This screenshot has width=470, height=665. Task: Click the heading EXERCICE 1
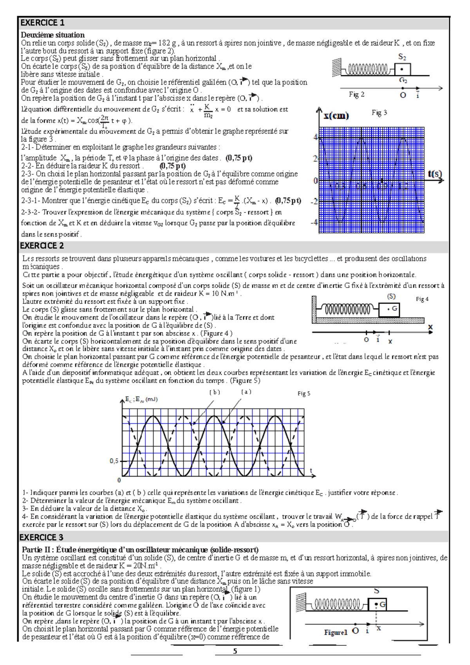point(42,23)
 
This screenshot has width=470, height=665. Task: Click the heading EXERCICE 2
point(42,246)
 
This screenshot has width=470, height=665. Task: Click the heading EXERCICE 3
point(42,537)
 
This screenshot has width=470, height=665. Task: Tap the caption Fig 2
point(356,94)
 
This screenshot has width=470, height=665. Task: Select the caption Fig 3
point(379,113)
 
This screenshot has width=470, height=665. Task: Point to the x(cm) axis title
point(336,116)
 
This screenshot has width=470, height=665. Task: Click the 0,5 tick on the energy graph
point(114,461)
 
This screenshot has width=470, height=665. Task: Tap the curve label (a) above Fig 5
point(246,392)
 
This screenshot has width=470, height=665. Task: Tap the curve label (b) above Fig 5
point(215,392)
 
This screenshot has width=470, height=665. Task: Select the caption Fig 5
point(304,394)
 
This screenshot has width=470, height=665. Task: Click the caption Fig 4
point(422,299)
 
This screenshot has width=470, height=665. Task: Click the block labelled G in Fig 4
point(389,309)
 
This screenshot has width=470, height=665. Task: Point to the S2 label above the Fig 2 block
point(402,57)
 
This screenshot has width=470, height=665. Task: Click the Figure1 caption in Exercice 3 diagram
point(336,632)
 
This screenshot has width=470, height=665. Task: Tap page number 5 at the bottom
point(235,651)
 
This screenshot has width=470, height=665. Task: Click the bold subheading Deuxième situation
point(52,35)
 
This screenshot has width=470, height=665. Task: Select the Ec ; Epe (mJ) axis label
point(141,399)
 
